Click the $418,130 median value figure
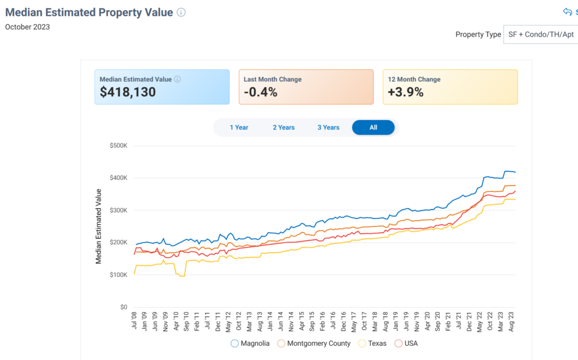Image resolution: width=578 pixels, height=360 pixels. [128, 92]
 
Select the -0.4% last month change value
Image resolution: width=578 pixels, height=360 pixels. [260, 92]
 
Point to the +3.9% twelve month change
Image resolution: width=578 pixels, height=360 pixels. [405, 92]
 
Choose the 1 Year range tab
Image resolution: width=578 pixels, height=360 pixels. [239, 128]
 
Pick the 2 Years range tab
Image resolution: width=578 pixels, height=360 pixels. [283, 128]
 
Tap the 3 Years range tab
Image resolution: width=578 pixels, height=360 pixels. [328, 128]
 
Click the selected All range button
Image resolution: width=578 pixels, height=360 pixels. [373, 128]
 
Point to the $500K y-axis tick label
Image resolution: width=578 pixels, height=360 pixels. [119, 146]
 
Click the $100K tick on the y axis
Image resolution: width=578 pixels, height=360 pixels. [119, 275]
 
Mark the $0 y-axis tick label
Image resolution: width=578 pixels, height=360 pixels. [124, 308]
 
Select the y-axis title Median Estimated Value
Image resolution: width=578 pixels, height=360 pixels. [99, 226]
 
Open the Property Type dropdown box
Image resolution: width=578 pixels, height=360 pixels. [540, 34]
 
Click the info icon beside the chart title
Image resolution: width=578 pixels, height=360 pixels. [181, 12]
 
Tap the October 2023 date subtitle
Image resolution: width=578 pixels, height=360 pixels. [27, 27]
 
